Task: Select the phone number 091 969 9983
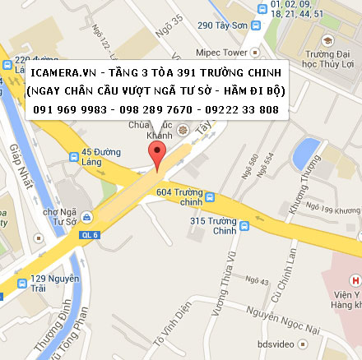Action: click(x=67, y=109)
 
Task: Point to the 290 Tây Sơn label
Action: click(x=222, y=25)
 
